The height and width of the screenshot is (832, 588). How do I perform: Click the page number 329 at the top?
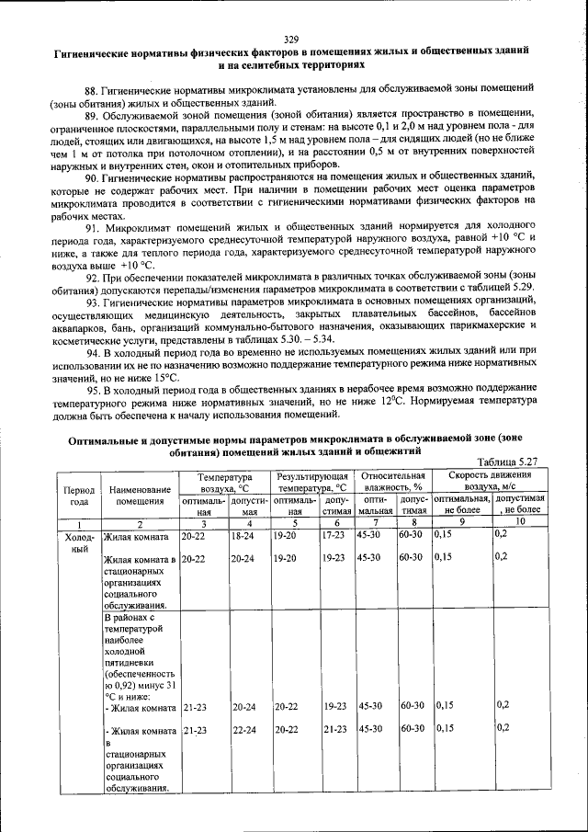pos(292,40)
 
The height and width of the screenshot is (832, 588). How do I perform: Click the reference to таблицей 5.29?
pos(509,288)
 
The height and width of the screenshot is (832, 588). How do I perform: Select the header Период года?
pos(79,496)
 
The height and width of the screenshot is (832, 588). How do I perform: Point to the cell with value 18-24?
pos(243,534)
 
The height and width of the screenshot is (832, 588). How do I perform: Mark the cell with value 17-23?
pos(334,534)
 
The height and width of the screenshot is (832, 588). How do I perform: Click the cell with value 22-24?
pos(243,729)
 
